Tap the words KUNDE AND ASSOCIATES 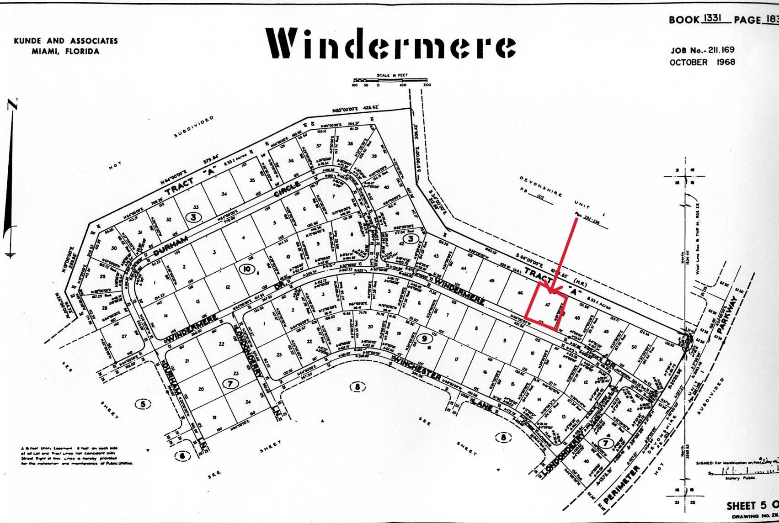(66, 41)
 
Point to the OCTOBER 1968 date (703, 62)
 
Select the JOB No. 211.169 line (703, 50)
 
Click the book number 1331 (712, 19)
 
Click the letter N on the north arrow (12, 105)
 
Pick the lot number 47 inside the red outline (547, 304)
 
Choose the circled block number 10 (247, 269)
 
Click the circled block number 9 (424, 338)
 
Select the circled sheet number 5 (143, 404)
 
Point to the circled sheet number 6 (182, 455)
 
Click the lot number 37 (319, 146)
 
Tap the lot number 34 (224, 194)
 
